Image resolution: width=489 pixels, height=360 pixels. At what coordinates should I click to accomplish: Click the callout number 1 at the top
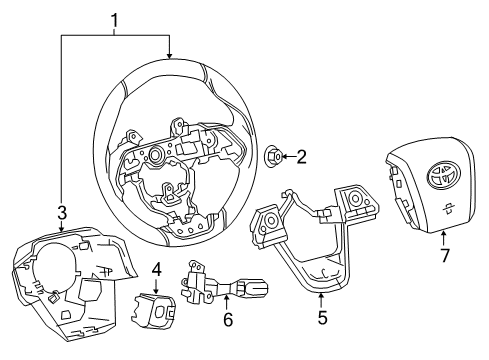click(x=114, y=18)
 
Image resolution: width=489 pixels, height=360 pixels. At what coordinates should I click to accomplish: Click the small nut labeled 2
click(x=276, y=155)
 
